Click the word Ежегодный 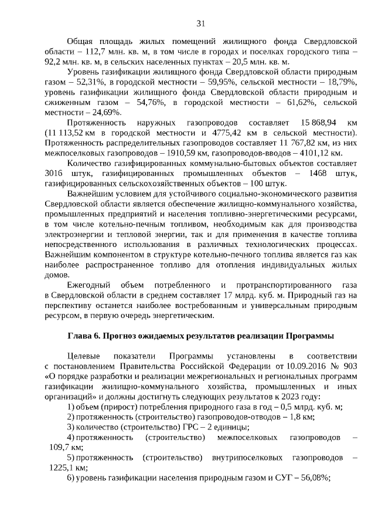[x=88, y=285]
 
